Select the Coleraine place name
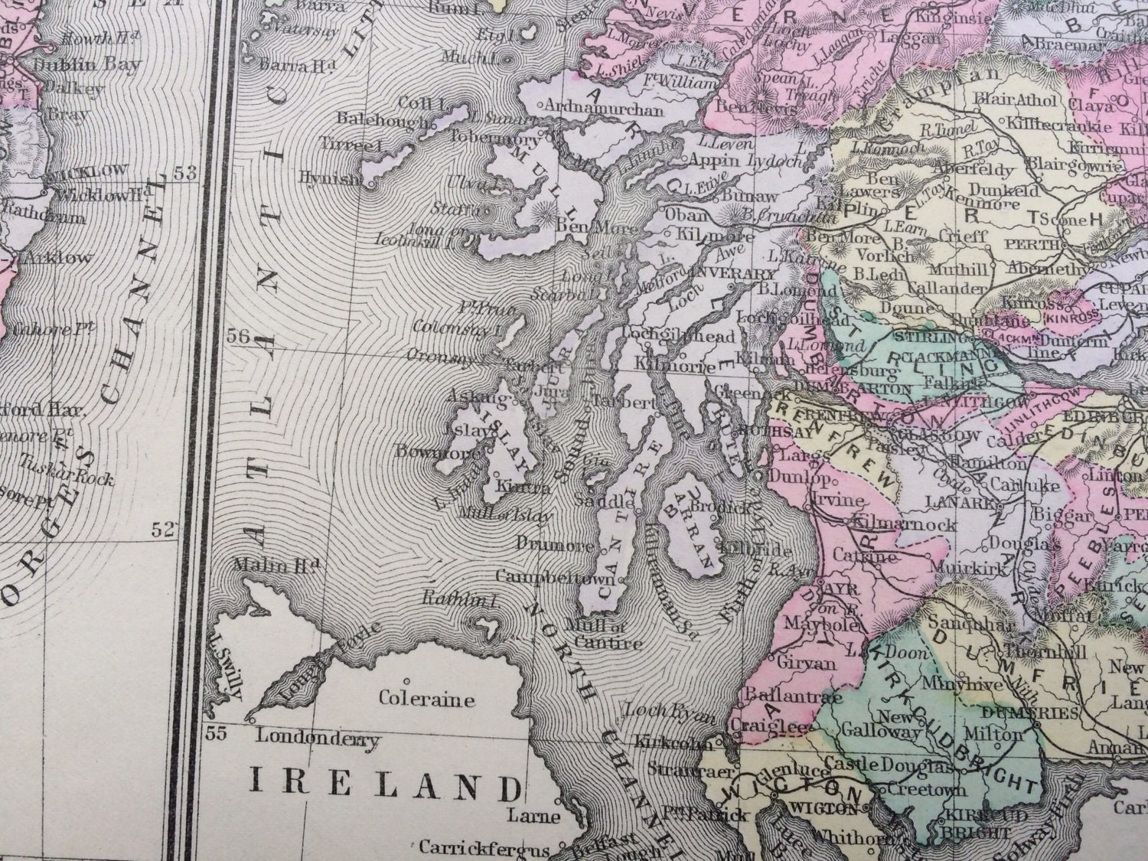coord(427,700)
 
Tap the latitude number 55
coord(217,735)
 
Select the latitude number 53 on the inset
coord(184,174)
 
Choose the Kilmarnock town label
coord(903,525)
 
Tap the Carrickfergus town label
coord(484,849)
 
